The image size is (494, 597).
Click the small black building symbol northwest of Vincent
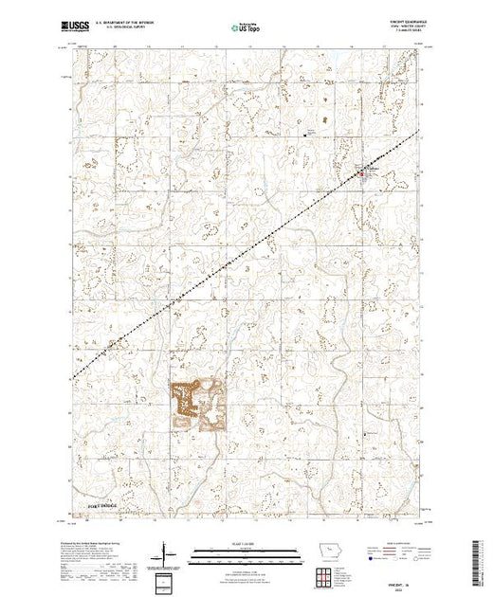[305, 134]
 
